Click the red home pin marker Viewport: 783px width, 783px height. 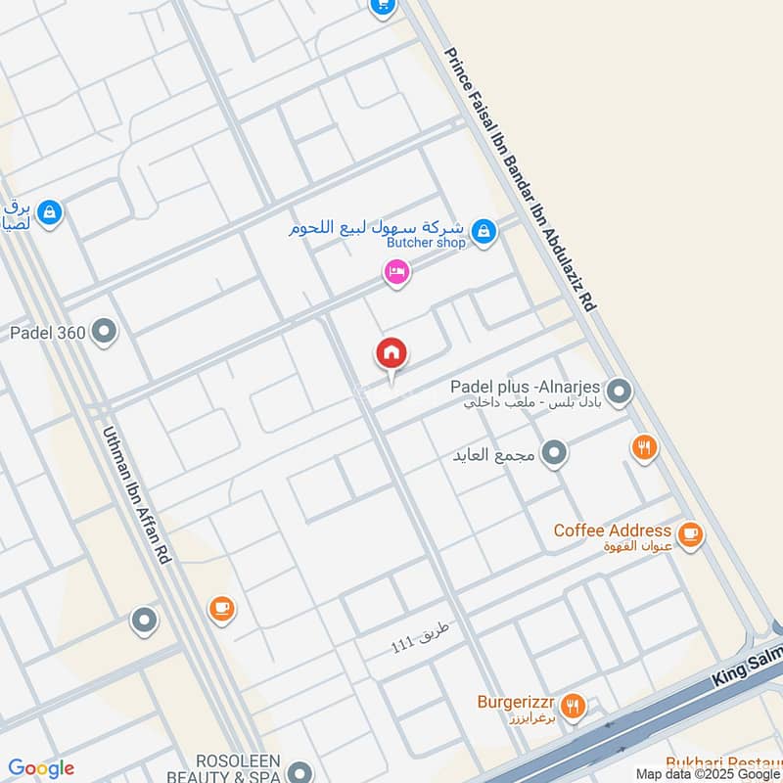point(392,354)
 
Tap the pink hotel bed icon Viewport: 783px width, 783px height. point(396,271)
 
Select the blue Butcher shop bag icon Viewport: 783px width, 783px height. point(482,232)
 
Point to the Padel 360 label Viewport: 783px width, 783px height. point(48,333)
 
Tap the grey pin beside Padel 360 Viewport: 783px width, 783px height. point(104,333)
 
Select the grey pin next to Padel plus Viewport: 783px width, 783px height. point(618,393)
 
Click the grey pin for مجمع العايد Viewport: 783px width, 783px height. point(555,454)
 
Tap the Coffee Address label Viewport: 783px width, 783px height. point(613,530)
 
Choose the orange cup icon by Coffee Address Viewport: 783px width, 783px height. point(691,534)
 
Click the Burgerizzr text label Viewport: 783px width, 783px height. point(516,702)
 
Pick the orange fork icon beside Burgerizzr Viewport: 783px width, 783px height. point(574,704)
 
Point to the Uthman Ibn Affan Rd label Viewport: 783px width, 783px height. point(138,493)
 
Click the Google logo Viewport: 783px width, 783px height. point(41,768)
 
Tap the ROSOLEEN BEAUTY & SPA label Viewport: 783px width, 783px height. point(239,769)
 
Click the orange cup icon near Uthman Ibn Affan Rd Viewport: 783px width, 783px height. point(222,609)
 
